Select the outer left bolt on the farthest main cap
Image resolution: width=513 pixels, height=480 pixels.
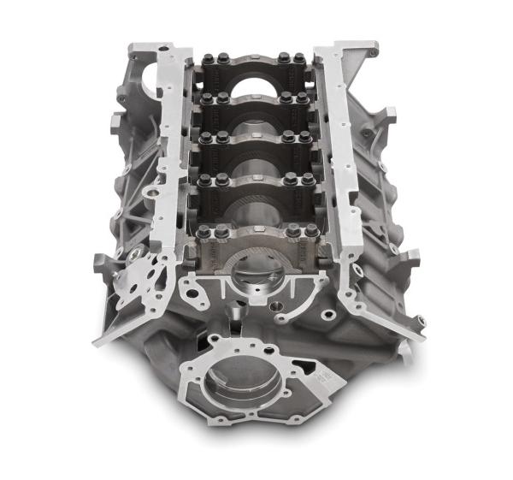tap(208, 59)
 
